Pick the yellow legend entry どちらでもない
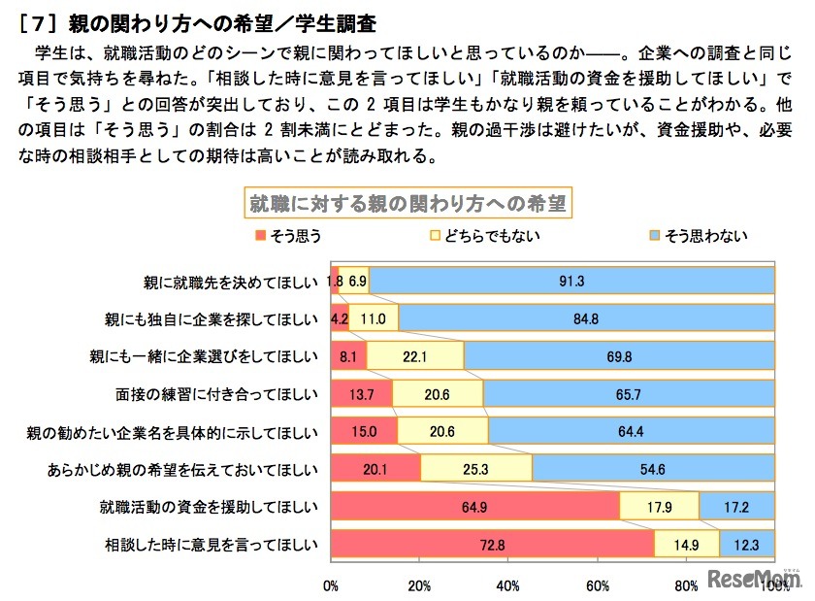[486, 235]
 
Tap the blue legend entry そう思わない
[700, 235]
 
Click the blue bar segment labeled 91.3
[570, 281]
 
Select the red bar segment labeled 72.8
[492, 544]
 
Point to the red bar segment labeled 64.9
[474, 506]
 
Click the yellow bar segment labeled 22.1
[415, 356]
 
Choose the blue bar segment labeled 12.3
[746, 544]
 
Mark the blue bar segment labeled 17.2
[735, 506]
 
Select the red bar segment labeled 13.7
[361, 393]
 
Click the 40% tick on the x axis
[507, 585]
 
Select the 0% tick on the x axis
[330, 585]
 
